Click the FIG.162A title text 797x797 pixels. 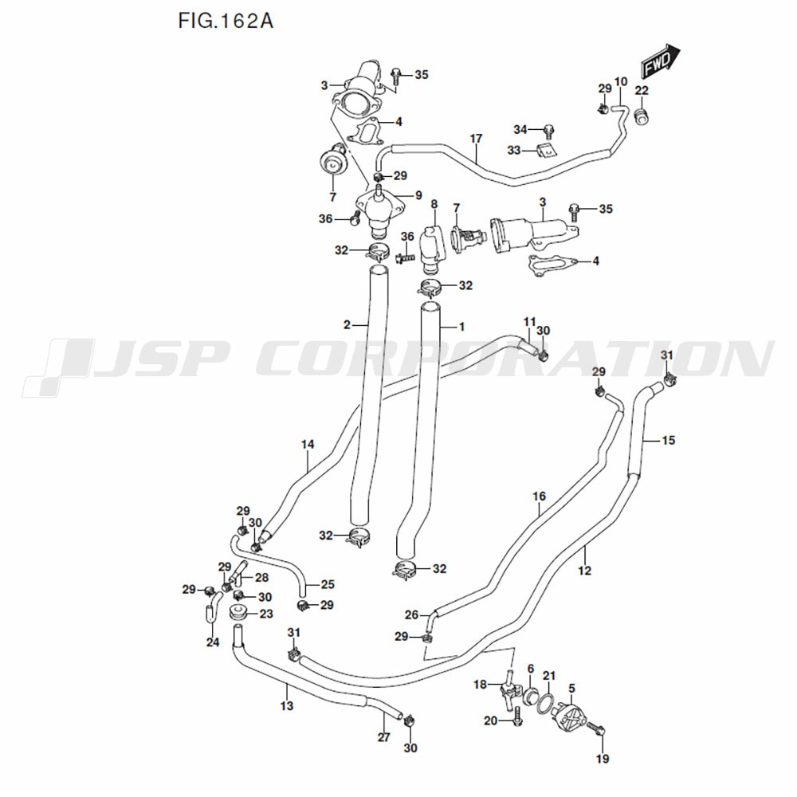coord(226,21)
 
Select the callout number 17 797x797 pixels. coord(476,139)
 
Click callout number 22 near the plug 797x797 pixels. coord(642,90)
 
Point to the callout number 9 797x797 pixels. coord(418,195)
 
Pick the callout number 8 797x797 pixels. coord(434,205)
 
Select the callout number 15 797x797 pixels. coord(668,439)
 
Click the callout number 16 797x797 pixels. coord(539,497)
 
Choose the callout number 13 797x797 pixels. coord(287,705)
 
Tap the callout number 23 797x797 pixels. coord(265,614)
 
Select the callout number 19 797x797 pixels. coord(602,758)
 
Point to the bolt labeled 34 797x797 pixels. coord(549,130)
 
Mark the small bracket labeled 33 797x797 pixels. coord(546,151)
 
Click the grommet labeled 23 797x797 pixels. coord(236,614)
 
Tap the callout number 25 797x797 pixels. coord(327,584)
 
